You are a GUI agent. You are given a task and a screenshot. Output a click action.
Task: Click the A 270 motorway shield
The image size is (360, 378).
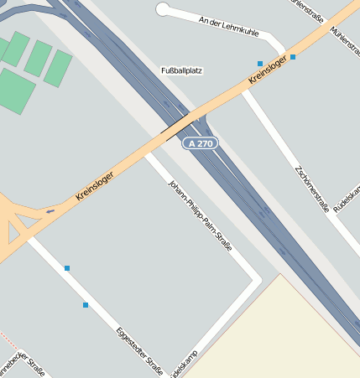click(x=201, y=143)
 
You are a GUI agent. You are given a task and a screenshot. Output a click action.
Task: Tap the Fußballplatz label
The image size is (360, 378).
click(x=181, y=71)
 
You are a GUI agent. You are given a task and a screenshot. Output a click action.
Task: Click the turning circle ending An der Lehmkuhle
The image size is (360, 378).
click(x=163, y=9)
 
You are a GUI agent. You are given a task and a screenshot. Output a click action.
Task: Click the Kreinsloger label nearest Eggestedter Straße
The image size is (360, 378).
click(x=94, y=181)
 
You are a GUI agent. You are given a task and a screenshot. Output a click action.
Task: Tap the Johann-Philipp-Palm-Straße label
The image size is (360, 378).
click(x=200, y=215)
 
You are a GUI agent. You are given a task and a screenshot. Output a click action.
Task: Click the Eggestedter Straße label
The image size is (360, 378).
click(x=139, y=344)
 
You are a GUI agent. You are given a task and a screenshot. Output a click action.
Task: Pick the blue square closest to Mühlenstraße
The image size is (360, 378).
click(x=293, y=57)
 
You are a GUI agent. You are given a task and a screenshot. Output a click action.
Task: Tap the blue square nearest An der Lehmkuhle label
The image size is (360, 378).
click(x=260, y=64)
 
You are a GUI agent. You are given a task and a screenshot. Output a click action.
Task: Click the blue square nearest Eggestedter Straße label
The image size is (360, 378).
click(x=86, y=305)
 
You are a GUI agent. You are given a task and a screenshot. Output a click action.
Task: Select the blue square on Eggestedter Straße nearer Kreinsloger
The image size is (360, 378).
click(x=67, y=268)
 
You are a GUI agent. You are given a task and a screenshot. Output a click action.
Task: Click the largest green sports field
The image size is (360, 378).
click(x=15, y=91)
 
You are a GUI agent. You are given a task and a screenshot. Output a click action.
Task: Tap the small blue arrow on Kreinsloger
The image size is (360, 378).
click(x=50, y=211)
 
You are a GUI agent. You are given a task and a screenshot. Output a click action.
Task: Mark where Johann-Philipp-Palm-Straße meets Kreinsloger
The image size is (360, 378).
click(x=149, y=151)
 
